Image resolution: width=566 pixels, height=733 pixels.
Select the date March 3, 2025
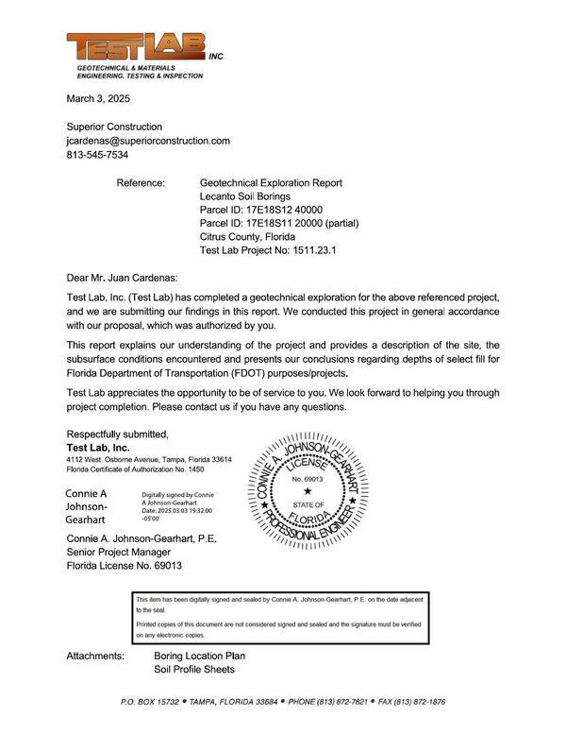tap(98, 98)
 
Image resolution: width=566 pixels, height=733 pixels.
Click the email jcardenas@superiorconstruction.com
tap(148, 141)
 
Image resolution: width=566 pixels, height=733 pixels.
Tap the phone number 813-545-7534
tap(97, 155)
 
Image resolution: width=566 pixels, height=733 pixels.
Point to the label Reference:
tap(141, 182)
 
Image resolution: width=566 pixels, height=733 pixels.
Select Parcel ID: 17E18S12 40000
tap(261, 210)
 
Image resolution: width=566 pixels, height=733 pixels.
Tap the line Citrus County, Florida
tap(247, 237)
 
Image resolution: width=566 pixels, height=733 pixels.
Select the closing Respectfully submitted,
tap(117, 435)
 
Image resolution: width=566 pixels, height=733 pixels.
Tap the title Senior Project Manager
tap(125, 553)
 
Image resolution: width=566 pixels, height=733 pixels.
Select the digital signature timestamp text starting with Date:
tap(177, 510)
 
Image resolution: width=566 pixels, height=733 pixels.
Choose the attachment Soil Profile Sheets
tap(194, 670)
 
